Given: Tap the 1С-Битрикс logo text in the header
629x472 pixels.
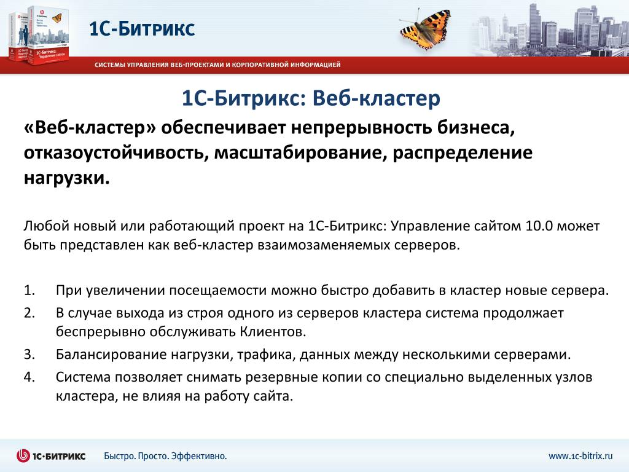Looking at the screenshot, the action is coord(142,28).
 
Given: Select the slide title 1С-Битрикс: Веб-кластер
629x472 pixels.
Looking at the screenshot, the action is coord(311,98).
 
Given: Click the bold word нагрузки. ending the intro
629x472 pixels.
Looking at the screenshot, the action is coord(66,178).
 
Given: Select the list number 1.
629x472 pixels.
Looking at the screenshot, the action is coord(29,290).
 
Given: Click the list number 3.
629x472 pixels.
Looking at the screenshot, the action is coord(29,354).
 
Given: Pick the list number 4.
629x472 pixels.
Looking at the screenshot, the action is coord(29,377).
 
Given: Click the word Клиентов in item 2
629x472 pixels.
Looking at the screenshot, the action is coord(273,331).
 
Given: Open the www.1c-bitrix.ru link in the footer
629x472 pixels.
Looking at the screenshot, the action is coord(580,456).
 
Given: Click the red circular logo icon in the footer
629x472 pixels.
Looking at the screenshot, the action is coord(23,455).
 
